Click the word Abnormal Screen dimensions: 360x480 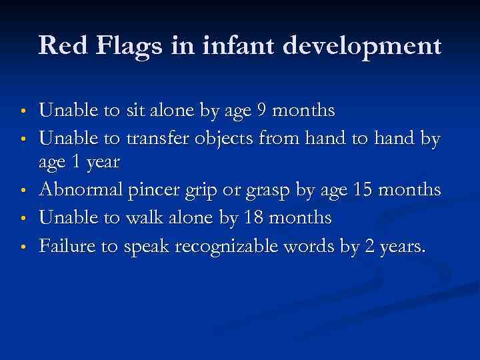coord(81,190)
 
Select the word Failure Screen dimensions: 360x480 coord(66,246)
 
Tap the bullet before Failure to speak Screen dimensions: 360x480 coord(23,247)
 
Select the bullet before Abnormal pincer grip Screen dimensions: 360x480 coord(23,191)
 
